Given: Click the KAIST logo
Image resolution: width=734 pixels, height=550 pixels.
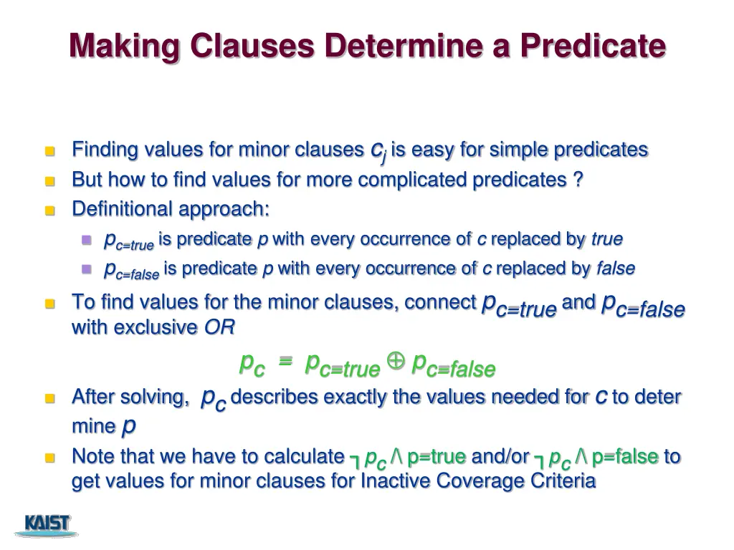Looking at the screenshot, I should pos(48,524).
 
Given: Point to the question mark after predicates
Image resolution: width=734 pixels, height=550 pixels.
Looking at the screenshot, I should pos(578,180).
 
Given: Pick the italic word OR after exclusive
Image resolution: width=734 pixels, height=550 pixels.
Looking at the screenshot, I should pos(219,327).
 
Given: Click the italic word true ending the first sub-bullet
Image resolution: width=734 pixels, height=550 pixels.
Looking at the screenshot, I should pos(606,238).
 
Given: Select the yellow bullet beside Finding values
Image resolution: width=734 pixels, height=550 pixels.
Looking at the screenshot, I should pos(49,151).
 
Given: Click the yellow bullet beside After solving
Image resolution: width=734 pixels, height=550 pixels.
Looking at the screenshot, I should pos(49,398).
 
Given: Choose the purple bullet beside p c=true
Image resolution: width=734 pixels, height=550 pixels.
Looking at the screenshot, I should pos(87,239).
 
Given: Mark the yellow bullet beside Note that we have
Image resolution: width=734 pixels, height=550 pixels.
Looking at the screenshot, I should pos(49,457).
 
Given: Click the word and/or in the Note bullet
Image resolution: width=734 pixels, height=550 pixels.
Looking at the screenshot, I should pos(500,456).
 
